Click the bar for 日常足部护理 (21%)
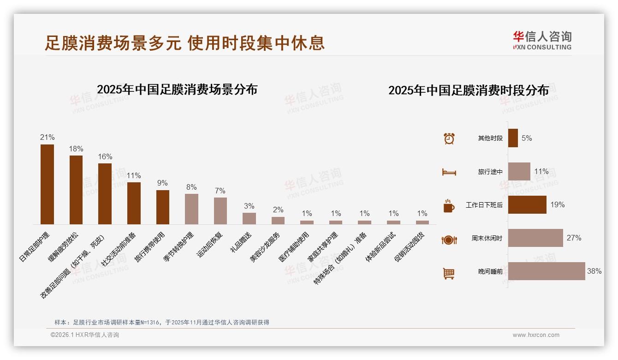pos(47,184)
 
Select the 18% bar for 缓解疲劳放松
pos(76,190)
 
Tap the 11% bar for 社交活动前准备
pos(134,203)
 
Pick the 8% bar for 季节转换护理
pos(191,209)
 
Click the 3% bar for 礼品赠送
pos(249,218)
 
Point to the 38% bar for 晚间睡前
pos(547,271)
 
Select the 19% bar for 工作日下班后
pos(527,205)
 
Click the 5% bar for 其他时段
pos(513,138)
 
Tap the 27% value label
pos(574,238)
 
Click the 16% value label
pos(105,157)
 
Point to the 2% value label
pos(278,210)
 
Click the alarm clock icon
pos(449,138)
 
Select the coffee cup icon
pos(449,205)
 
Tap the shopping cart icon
pos(449,273)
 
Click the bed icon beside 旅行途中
pos(449,172)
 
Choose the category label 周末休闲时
pos(487,239)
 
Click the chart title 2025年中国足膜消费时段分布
pos(468,90)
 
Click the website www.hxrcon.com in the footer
pos(536,335)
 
